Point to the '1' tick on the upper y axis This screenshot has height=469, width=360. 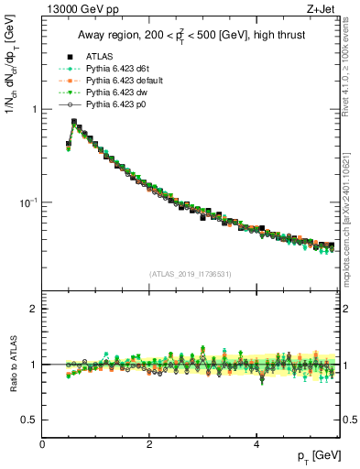pyautogui.click(x=34, y=109)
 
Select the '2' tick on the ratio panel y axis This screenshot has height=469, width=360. pyautogui.click(x=34, y=309)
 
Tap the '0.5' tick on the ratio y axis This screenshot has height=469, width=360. pyautogui.click(x=29, y=420)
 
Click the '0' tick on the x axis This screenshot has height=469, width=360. pyautogui.click(x=43, y=444)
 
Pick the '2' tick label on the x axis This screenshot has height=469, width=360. pyautogui.click(x=149, y=444)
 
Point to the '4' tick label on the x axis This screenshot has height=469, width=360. pyautogui.click(x=256, y=444)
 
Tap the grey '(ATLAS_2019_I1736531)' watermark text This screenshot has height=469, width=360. pyautogui.click(x=190, y=274)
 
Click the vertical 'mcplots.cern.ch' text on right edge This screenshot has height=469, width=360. pyautogui.click(x=352, y=229)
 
